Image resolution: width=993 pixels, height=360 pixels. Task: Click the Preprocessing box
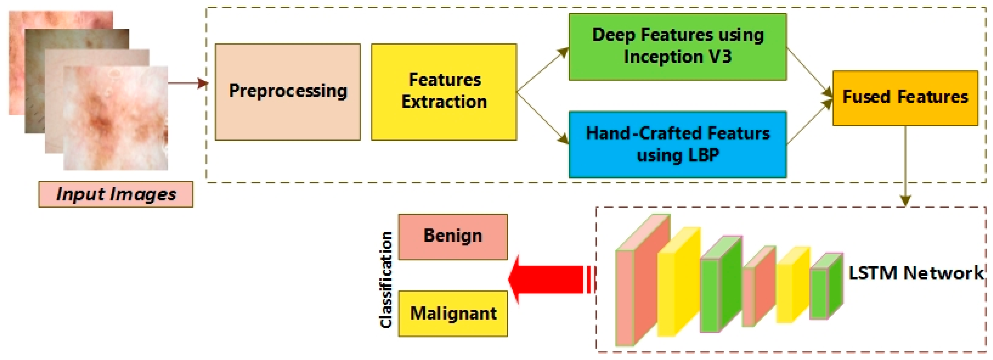point(288,92)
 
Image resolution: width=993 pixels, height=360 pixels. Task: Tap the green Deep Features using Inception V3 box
point(677,47)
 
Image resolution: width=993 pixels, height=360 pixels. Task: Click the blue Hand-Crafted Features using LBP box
point(677,145)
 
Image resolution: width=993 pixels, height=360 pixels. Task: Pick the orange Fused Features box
point(905,98)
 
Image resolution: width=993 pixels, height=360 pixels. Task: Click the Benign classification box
point(453,237)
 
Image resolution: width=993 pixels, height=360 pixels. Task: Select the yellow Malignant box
point(453,313)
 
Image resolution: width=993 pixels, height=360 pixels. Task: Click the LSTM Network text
point(916,273)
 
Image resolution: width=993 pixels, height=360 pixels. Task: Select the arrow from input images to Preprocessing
point(187,83)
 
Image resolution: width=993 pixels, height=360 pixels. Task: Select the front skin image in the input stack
point(116,118)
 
